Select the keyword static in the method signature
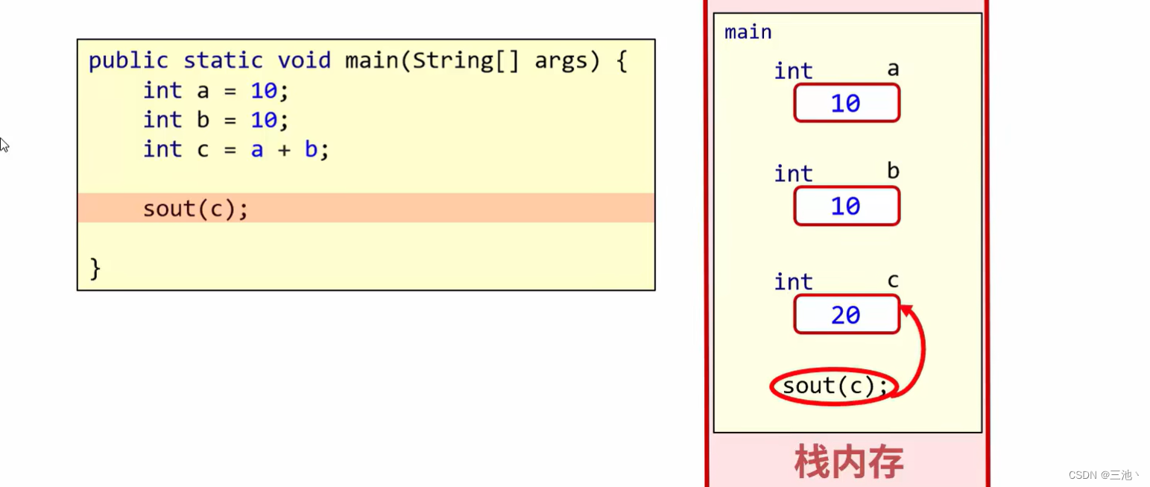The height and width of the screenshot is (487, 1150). (x=223, y=61)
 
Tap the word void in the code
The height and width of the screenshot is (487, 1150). (x=304, y=61)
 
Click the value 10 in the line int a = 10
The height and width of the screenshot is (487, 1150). (x=264, y=91)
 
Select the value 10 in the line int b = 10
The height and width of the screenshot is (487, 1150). (x=264, y=120)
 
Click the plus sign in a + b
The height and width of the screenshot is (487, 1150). (x=284, y=150)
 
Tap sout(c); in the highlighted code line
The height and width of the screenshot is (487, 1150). (x=195, y=209)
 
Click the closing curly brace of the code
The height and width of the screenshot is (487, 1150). (x=95, y=268)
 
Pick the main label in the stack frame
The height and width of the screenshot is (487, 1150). (x=748, y=33)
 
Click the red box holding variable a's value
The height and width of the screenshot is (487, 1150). (x=847, y=103)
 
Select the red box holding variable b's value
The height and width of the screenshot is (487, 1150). (x=847, y=206)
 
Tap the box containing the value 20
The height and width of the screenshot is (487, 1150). (x=847, y=315)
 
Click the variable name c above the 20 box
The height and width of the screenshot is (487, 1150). (x=893, y=280)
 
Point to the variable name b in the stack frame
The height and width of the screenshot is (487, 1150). (x=893, y=172)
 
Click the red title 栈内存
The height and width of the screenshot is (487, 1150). (x=849, y=462)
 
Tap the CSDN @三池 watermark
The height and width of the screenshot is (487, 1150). (x=1104, y=475)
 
